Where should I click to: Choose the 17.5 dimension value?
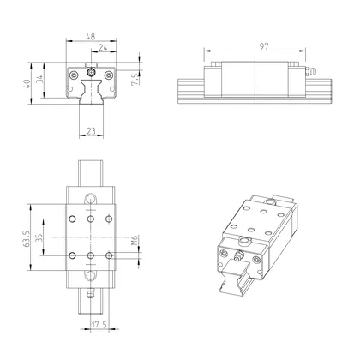99,325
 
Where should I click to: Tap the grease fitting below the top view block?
91,295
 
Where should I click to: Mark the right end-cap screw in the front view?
111,83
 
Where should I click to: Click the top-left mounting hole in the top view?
72,218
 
